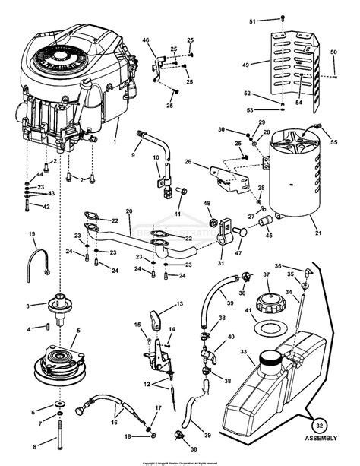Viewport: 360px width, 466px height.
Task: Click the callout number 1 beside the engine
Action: coord(115,141)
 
